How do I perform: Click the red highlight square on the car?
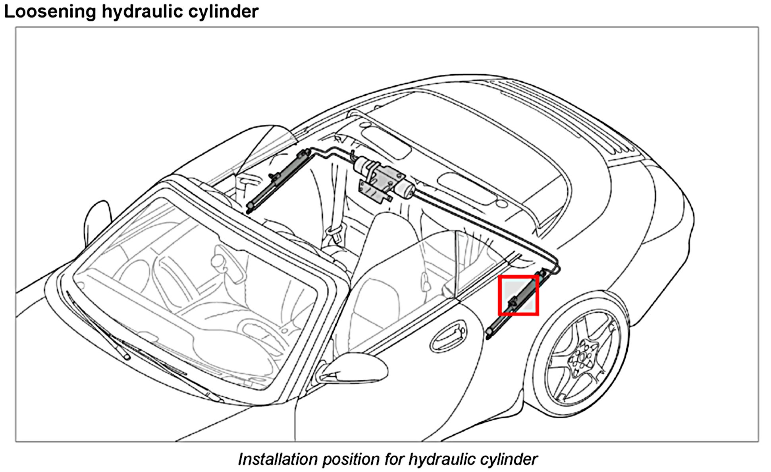pos(518,296)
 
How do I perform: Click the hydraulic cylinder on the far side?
pos(278,179)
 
